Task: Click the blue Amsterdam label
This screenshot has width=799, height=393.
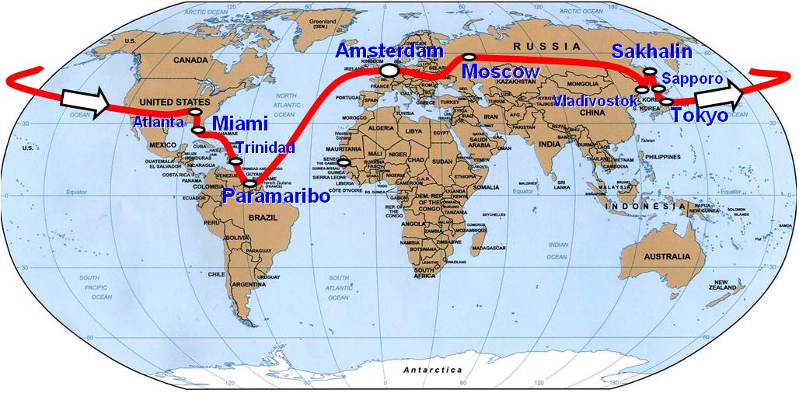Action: pos(390,51)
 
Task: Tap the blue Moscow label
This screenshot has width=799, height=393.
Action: pos(501,71)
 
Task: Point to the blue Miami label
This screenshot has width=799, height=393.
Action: pos(239,123)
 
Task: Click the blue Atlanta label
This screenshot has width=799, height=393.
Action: pos(159,122)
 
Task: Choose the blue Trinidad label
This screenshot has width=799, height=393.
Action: pos(265,147)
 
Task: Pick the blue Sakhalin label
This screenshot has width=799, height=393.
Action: pos(651,52)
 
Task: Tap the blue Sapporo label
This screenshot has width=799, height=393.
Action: pos(693,79)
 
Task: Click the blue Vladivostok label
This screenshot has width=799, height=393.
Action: pos(596,101)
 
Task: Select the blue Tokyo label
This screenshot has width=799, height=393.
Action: pos(700,116)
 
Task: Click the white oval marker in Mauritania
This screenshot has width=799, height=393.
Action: pos(343,162)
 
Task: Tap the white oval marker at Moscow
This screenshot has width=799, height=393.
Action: pos(469,56)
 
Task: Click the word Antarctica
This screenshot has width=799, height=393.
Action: pos(433,370)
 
